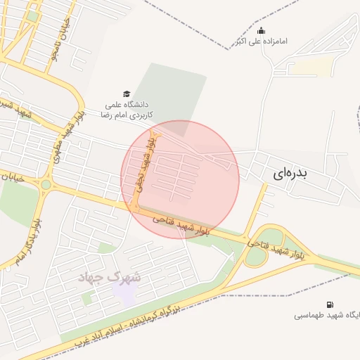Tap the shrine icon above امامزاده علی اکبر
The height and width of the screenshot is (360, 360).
coord(262,30)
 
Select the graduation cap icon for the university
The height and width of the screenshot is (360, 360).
coord(127,94)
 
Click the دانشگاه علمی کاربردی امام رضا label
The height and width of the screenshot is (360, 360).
coord(127,108)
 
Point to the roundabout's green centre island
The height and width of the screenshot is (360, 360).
coord(46,185)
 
